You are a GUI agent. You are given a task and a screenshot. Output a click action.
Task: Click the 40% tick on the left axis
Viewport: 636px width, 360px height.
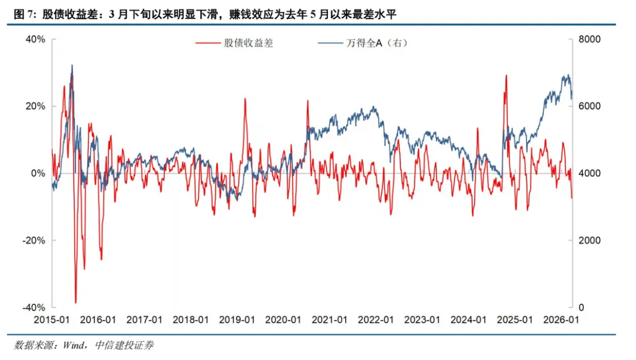click(x=35, y=39)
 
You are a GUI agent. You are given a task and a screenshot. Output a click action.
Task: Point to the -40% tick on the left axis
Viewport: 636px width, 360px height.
click(x=34, y=308)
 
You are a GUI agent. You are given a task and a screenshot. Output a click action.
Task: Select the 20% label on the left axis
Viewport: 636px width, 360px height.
click(x=35, y=106)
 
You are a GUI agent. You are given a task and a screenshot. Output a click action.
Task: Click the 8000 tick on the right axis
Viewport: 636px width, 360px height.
click(x=590, y=39)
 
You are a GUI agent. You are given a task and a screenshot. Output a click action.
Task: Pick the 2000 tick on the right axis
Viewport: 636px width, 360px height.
click(x=590, y=240)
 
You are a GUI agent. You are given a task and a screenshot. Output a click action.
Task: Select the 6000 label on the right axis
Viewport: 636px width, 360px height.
click(x=590, y=106)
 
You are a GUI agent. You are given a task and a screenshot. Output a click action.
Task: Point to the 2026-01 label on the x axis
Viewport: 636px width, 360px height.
click(x=562, y=319)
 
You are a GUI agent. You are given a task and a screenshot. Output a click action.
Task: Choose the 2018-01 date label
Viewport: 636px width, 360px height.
click(x=191, y=319)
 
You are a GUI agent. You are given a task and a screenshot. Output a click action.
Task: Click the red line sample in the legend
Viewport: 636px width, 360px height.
click(x=208, y=43)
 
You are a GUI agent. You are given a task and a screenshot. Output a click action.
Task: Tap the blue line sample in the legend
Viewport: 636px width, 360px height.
click(x=330, y=43)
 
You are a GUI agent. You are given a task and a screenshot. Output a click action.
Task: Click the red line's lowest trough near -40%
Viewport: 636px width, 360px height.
click(x=75, y=302)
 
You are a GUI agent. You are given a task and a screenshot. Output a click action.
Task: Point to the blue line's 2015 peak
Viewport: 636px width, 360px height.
click(x=72, y=65)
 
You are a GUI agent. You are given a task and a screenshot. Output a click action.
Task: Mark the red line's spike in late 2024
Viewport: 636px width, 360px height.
click(x=505, y=75)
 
